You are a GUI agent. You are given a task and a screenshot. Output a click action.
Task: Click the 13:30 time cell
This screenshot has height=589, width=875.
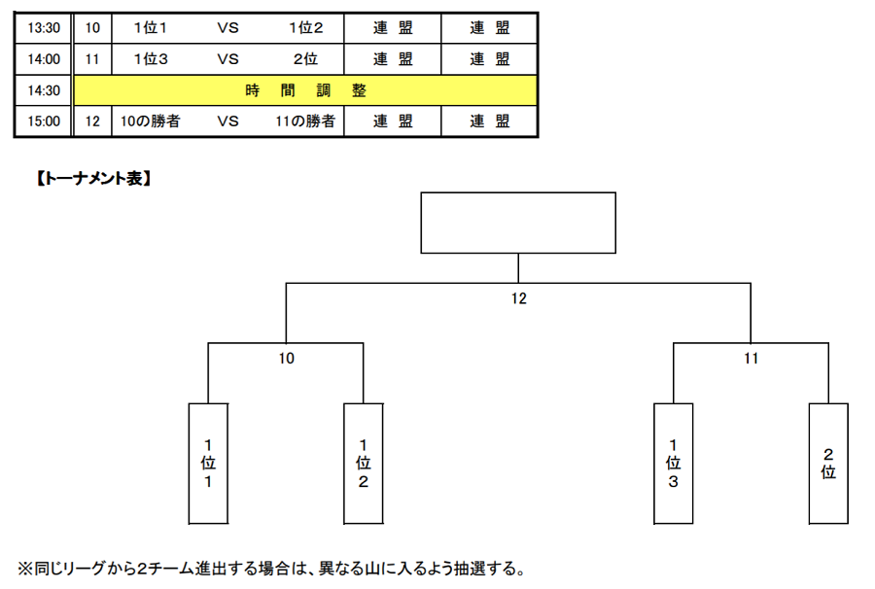(x=44, y=28)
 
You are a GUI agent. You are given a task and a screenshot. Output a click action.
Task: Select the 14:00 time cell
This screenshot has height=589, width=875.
(x=44, y=59)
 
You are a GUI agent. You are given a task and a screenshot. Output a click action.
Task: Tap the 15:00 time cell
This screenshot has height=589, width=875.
(x=44, y=121)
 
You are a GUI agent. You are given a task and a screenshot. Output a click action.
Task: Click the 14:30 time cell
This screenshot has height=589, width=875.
(x=44, y=90)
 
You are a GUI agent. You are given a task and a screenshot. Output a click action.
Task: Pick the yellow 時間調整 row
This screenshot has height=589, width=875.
(x=305, y=90)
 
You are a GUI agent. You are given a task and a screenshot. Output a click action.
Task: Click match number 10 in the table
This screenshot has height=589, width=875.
(x=92, y=28)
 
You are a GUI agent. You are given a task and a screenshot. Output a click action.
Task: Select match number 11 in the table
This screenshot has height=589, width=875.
(x=92, y=59)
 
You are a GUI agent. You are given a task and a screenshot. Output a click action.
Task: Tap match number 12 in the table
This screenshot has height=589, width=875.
(x=92, y=121)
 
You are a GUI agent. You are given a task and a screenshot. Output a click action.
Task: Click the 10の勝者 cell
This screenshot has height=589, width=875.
(x=150, y=121)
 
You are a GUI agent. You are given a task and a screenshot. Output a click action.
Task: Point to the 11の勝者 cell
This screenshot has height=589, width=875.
(x=305, y=121)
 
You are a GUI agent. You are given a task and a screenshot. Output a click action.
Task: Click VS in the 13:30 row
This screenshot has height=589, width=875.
(x=227, y=28)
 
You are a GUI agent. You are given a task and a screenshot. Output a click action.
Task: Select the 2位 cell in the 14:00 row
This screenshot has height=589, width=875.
(x=305, y=59)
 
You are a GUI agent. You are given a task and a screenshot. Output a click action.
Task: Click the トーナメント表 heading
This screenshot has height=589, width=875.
(x=93, y=179)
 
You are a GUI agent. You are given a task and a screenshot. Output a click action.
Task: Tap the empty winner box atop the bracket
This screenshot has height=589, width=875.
(x=518, y=224)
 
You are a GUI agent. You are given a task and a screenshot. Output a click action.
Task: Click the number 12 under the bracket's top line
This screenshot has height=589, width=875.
(x=519, y=298)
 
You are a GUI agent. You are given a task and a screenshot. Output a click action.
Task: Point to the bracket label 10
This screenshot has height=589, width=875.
(x=286, y=358)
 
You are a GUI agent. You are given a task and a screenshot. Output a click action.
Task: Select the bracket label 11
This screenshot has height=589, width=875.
(x=752, y=358)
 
